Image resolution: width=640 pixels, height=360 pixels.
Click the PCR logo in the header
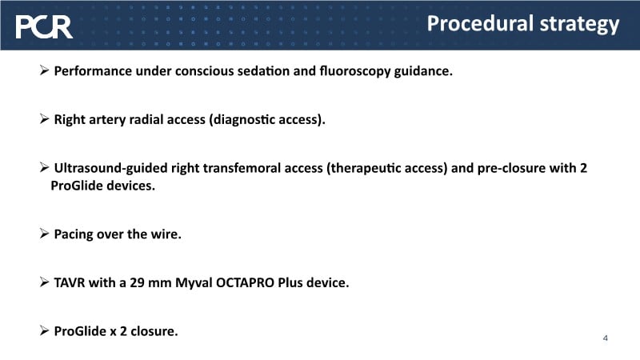click(x=44, y=27)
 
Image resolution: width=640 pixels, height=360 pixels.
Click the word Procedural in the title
click(x=481, y=23)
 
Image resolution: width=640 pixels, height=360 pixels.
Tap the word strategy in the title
click(x=579, y=25)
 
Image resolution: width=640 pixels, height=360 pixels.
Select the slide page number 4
click(x=606, y=338)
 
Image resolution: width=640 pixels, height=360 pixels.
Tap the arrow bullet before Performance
click(x=45, y=70)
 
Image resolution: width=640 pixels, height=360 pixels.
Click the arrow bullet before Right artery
click(x=45, y=118)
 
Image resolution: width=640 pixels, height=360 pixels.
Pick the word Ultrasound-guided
click(x=110, y=168)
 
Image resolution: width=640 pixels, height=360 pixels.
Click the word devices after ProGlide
click(x=131, y=186)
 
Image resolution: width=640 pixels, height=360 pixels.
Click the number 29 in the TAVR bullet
click(x=137, y=282)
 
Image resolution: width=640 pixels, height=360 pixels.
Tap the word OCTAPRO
click(x=245, y=282)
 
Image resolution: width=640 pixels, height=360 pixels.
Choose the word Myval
click(x=194, y=283)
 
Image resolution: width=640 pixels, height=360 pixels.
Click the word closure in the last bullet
click(x=154, y=331)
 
